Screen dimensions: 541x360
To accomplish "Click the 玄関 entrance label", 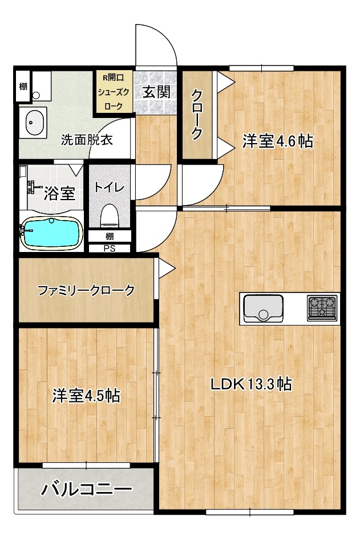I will click(x=156, y=91).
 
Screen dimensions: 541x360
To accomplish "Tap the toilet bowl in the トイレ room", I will click(x=109, y=216).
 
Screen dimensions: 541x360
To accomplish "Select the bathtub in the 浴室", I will click(x=50, y=232).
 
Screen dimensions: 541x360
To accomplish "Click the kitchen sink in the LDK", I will click(x=263, y=308).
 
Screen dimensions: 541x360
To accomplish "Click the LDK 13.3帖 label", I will click(x=252, y=385).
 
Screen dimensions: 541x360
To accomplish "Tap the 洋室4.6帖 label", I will click(x=278, y=141).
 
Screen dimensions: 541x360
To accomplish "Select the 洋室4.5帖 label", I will click(x=86, y=395).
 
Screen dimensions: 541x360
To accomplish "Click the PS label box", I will click(x=108, y=248).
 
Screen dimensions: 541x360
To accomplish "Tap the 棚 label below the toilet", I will click(x=108, y=236).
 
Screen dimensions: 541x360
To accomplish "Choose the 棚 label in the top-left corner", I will click(x=22, y=87).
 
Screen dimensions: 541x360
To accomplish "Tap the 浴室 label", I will click(x=59, y=193).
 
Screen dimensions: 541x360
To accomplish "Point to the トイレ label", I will click(x=109, y=187).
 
